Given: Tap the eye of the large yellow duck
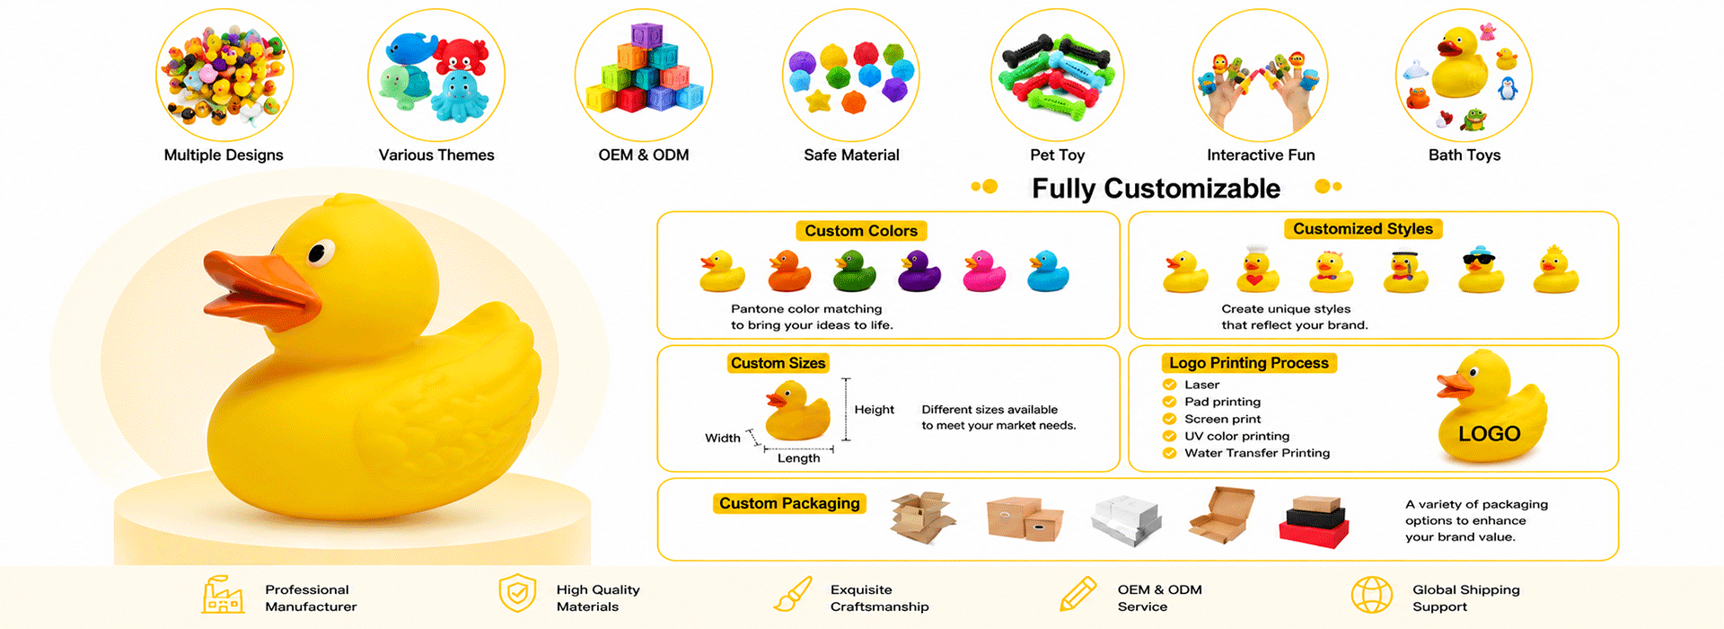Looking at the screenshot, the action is click(x=319, y=253).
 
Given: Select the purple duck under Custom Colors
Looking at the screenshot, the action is click(x=919, y=271).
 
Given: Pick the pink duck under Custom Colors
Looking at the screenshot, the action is click(x=984, y=271).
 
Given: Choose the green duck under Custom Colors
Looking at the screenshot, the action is click(x=854, y=271).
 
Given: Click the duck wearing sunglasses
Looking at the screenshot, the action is click(x=1481, y=270).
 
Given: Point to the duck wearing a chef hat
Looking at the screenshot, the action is click(x=1257, y=269).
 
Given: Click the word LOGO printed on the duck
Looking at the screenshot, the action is click(x=1489, y=434).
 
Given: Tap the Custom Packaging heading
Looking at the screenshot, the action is click(x=789, y=503).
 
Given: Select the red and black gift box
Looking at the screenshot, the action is click(x=1314, y=521).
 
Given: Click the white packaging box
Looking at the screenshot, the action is click(x=1126, y=520).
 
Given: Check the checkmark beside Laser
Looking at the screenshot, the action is click(x=1169, y=385).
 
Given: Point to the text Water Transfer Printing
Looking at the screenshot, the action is click(x=1257, y=453).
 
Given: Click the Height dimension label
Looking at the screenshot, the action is click(x=874, y=410).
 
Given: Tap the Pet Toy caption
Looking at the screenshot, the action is click(x=1057, y=155).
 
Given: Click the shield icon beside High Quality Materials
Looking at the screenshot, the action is click(x=517, y=593).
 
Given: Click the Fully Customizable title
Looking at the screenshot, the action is click(x=1156, y=189).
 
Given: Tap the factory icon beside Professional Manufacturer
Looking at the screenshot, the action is click(x=223, y=594).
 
